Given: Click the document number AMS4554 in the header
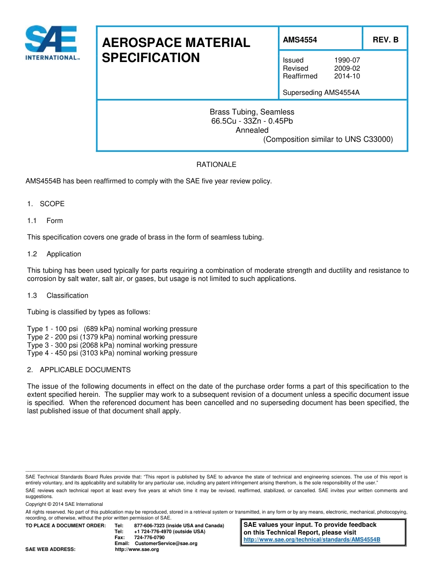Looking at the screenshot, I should (x=299, y=40).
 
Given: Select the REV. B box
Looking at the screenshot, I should (x=385, y=40).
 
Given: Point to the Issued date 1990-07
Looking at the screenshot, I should (x=347, y=60).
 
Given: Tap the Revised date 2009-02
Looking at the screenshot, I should (x=347, y=68).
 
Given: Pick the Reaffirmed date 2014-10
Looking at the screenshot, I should (x=347, y=76).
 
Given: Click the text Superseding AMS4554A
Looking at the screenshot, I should (x=321, y=93).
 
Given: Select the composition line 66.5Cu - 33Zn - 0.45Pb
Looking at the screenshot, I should (x=252, y=121).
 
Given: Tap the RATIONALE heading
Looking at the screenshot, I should (x=216, y=165).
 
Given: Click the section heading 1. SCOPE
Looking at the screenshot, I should (x=46, y=204).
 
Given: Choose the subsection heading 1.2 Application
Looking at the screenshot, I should (x=54, y=254).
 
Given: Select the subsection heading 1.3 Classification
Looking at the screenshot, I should (x=57, y=296).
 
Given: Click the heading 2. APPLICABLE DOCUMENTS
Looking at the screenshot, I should (x=79, y=370).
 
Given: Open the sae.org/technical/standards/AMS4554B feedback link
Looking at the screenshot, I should (x=312, y=540).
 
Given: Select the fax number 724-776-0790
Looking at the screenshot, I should (x=149, y=537).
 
